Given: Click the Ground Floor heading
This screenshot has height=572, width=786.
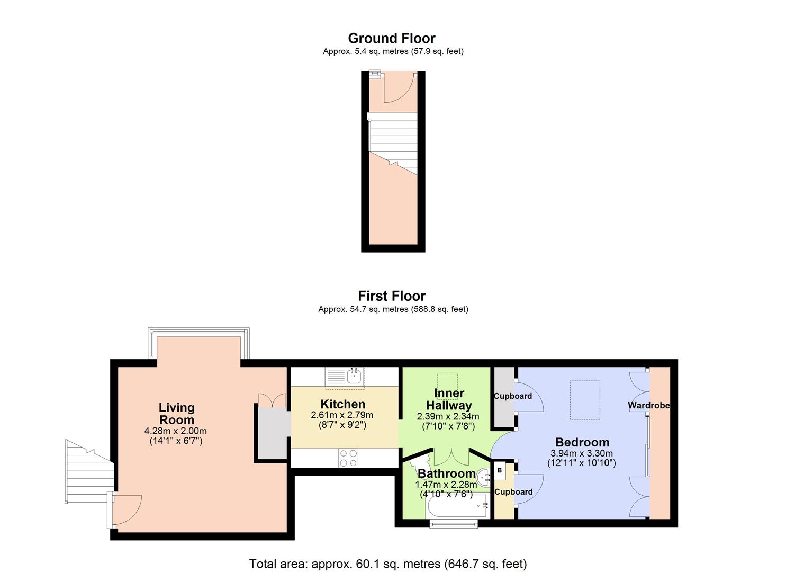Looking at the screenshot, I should [392, 38].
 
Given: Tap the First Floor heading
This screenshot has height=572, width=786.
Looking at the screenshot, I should [392, 296].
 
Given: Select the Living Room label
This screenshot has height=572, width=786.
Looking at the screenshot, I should [177, 414].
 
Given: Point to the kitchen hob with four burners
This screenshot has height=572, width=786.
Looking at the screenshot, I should [348, 458].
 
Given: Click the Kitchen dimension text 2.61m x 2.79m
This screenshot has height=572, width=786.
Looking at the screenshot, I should [342, 415].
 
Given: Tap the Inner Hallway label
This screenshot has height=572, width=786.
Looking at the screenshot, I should [449, 399].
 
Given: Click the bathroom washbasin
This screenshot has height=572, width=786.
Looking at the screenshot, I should [484, 476].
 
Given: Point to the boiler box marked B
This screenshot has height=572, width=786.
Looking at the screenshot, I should [500, 470].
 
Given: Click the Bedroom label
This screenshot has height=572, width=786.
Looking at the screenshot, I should [582, 442].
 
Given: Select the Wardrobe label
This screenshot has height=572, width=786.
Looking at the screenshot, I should [649, 405].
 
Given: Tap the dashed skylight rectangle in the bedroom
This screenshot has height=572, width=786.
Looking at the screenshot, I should [585, 400].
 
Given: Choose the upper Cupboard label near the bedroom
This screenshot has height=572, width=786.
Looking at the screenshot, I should [513, 396].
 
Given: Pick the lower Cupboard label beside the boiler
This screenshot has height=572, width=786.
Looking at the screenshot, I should [513, 492].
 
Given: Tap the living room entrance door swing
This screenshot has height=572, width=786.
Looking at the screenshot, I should [127, 508].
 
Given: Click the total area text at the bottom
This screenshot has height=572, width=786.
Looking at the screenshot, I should [388, 564].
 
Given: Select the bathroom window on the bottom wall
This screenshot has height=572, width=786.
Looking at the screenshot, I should [454, 524].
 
